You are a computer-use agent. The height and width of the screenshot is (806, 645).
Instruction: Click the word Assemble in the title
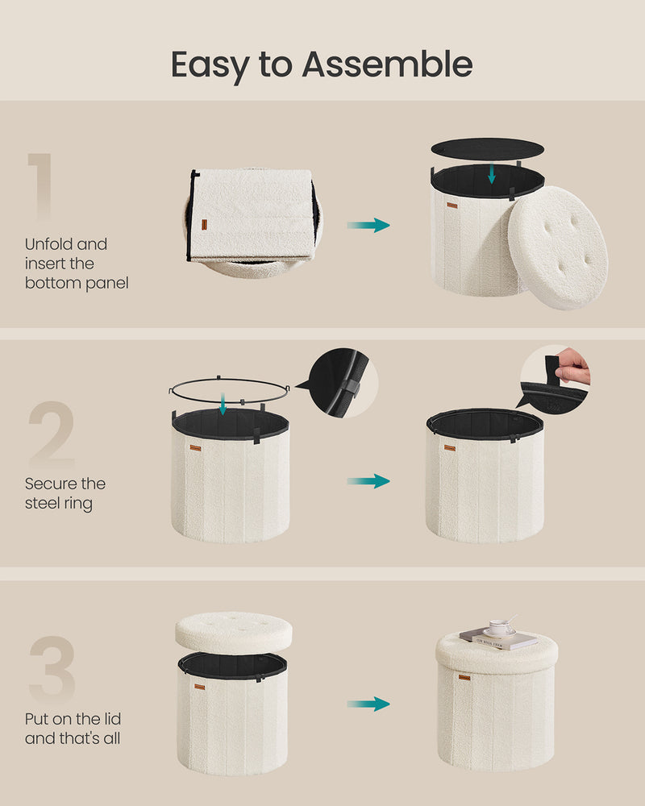(387, 64)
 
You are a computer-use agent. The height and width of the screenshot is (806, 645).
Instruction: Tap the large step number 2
(52, 434)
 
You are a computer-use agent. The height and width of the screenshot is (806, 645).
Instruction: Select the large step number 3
(52, 669)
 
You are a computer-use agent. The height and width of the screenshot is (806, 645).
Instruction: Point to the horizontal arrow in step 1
(368, 225)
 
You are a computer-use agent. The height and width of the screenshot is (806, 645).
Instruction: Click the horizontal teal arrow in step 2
(368, 481)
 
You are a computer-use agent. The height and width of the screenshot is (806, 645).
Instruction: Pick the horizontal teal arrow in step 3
(368, 704)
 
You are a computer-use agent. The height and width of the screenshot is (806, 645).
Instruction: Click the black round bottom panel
(487, 148)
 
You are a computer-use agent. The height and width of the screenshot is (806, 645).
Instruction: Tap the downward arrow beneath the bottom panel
(492, 173)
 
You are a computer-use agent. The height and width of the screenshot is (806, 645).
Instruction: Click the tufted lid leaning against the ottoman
(558, 247)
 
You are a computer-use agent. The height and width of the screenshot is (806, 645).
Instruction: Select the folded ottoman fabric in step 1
(252, 216)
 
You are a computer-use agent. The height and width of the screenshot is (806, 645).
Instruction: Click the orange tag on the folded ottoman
(204, 225)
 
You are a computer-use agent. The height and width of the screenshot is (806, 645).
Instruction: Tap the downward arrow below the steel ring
(223, 405)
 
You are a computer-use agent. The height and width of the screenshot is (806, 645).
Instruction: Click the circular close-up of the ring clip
(343, 382)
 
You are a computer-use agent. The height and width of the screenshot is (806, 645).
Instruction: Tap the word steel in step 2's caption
(42, 503)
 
